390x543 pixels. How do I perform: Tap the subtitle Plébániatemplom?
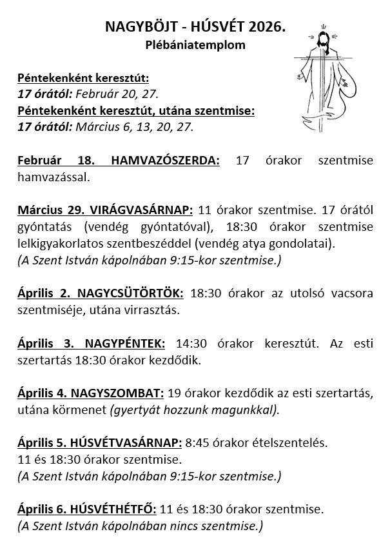coord(194,46)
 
